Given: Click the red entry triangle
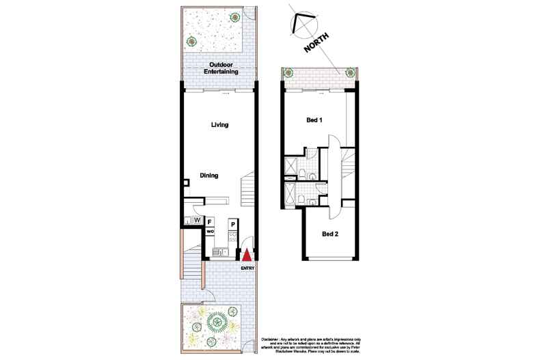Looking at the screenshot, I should [x=246, y=255].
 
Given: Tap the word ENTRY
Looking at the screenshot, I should [x=248, y=267].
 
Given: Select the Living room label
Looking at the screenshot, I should [x=219, y=125].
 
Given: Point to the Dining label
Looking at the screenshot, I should [x=208, y=176].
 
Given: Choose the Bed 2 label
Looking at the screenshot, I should [x=330, y=234].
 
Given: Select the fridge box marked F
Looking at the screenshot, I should [x=210, y=222].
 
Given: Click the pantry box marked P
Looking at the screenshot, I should [x=232, y=224].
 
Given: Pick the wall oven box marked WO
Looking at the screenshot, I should [x=210, y=232].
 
